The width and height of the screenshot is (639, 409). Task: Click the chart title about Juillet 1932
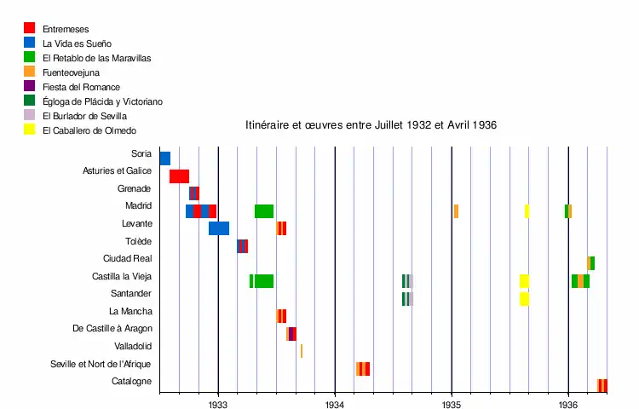tap(371, 124)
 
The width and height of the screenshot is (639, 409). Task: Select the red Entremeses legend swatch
tap(30, 28)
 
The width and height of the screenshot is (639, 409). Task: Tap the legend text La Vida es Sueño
tap(77, 43)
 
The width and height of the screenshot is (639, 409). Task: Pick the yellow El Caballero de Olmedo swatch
tap(30, 130)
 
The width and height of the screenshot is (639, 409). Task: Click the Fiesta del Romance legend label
tap(81, 87)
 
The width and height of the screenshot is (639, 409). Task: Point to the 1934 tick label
tap(335, 405)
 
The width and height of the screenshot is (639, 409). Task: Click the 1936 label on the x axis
tap(568, 405)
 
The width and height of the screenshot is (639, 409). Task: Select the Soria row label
tap(141, 154)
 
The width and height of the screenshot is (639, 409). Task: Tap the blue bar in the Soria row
tap(164, 158)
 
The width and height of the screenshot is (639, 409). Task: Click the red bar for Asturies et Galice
tap(179, 176)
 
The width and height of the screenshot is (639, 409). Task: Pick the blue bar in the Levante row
tap(219, 228)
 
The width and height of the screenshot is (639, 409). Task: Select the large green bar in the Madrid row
tap(264, 211)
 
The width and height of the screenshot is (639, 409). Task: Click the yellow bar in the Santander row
tap(524, 299)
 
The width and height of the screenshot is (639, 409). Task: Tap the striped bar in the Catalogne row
tap(602, 386)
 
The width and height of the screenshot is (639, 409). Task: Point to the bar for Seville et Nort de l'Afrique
tap(363, 369)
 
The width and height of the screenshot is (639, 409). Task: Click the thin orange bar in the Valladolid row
tap(301, 351)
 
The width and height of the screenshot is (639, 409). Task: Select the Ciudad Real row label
tap(127, 259)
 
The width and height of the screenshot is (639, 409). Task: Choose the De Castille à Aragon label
tap(112, 329)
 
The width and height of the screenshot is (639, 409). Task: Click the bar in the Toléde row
tap(242, 246)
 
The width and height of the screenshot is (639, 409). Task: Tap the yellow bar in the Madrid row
tap(527, 211)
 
